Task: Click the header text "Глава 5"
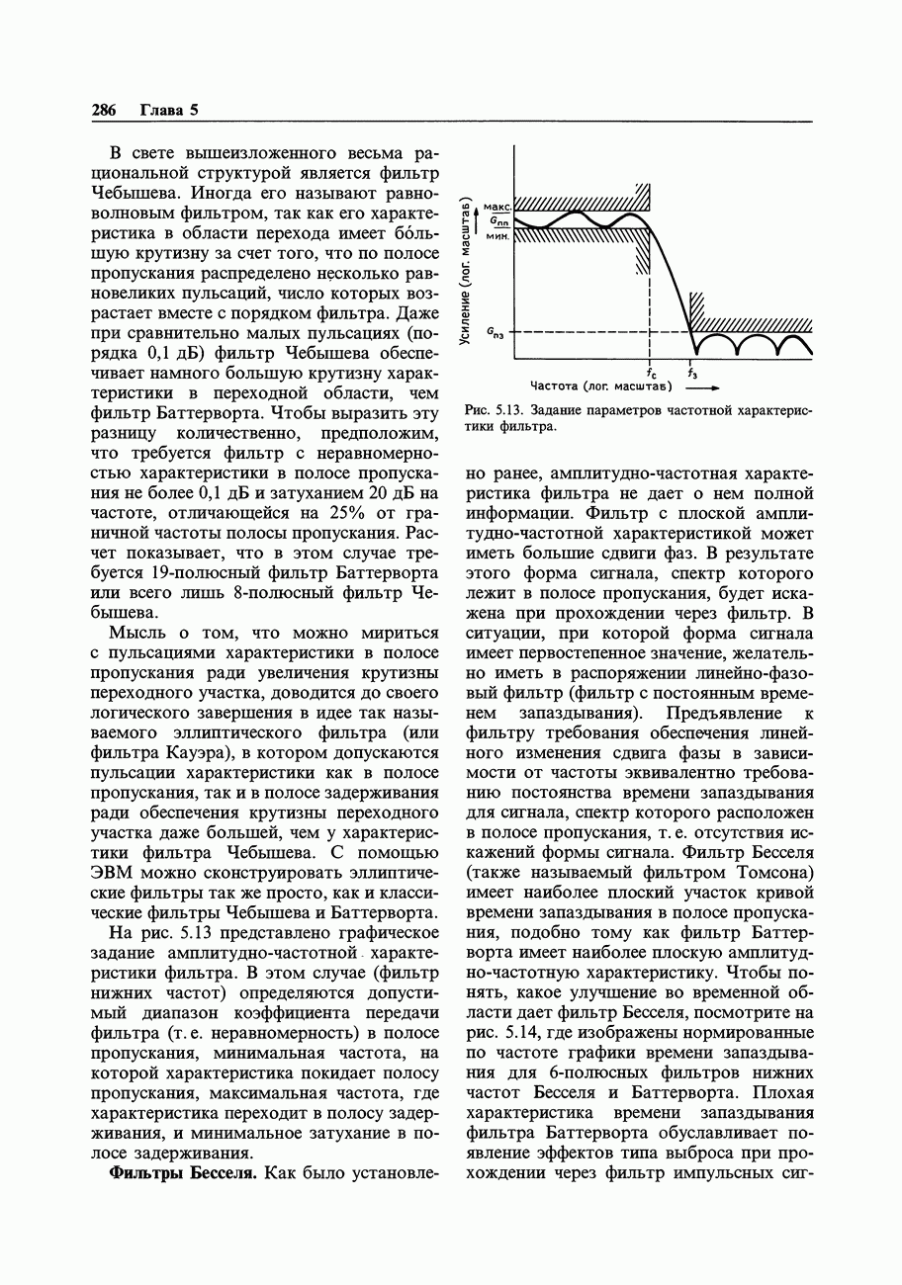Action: [169, 110]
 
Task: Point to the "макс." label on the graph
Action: [497, 208]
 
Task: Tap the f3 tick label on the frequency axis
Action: [692, 373]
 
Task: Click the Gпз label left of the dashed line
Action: [495, 334]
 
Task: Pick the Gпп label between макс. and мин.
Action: [497, 222]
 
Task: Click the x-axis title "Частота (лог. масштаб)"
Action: [601, 386]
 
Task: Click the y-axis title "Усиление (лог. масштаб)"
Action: [465, 273]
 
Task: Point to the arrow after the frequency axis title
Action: [700, 387]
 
